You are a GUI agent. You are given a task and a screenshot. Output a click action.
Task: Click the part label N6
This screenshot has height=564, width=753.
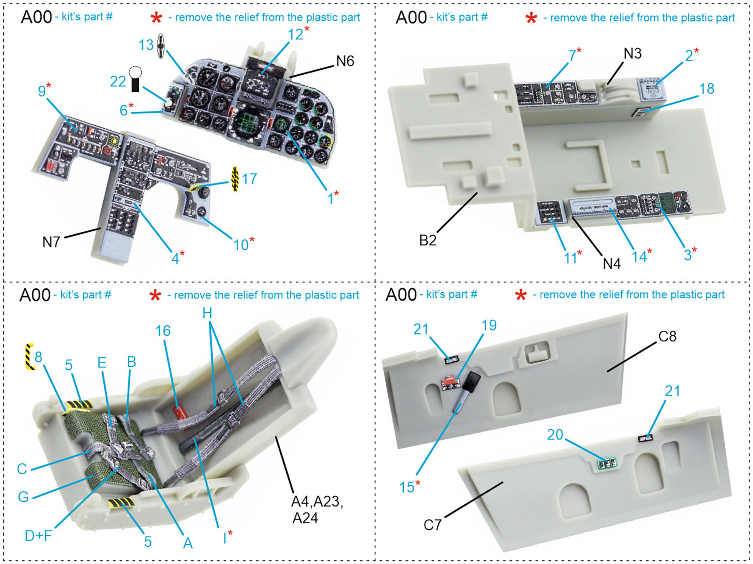tap(344, 61)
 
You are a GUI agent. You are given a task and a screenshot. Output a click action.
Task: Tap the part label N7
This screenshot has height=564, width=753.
tap(51, 242)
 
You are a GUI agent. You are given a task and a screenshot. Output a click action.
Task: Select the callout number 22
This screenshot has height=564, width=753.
tap(118, 81)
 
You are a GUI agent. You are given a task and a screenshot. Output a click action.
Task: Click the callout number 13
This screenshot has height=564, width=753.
tap(146, 45)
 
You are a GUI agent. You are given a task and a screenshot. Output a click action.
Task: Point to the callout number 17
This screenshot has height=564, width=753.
tap(249, 179)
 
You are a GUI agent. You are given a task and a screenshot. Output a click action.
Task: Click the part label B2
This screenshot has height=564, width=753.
tap(427, 240)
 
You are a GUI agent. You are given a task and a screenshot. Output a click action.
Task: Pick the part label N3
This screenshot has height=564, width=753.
tap(632, 54)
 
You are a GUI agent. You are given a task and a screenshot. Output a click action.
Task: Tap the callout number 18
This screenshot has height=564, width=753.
tap(706, 89)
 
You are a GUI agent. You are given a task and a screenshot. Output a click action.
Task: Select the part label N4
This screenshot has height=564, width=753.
tap(611, 263)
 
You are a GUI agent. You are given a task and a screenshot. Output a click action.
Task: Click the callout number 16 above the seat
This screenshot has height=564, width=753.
tap(163, 331)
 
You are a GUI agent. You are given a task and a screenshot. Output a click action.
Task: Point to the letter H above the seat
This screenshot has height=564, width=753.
tap(207, 313)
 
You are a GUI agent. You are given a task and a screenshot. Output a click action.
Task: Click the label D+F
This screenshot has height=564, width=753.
tap(38, 535)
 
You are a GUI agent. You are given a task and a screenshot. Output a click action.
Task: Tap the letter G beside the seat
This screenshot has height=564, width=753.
tap(23, 496)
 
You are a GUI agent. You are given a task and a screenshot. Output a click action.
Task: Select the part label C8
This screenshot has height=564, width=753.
tap(667, 336)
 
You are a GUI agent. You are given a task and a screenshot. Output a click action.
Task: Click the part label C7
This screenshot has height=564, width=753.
tap(433, 524)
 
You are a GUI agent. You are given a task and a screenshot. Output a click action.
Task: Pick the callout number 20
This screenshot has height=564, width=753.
tap(555, 434)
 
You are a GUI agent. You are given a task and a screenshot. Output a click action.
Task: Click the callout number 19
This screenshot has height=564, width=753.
tap(489, 325)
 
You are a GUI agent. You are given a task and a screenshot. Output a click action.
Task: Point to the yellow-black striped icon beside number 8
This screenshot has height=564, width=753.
tap(29, 357)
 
